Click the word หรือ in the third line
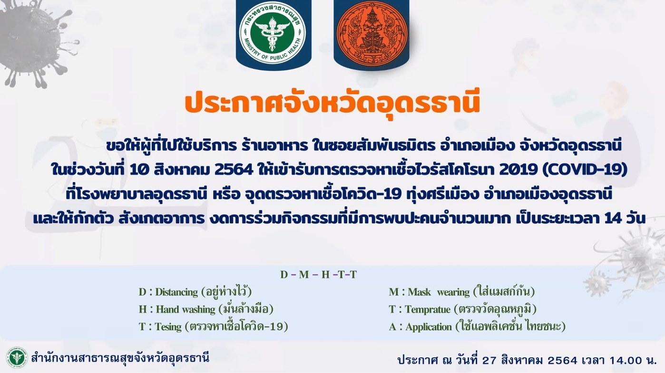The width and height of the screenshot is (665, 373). tap(226, 194)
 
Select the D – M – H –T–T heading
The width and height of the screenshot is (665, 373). tap(318, 275)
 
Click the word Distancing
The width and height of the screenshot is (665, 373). tap(176, 292)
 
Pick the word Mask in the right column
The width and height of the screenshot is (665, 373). tap(419, 292)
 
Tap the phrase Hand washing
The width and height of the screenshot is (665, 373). tap(186, 309)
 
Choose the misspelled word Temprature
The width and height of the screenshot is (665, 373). tap(428, 309)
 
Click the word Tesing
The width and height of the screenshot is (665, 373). tap(168, 327)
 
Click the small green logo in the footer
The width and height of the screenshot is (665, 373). tap(17, 358)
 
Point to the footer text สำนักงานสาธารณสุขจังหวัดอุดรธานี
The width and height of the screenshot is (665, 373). tap(120, 358)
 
